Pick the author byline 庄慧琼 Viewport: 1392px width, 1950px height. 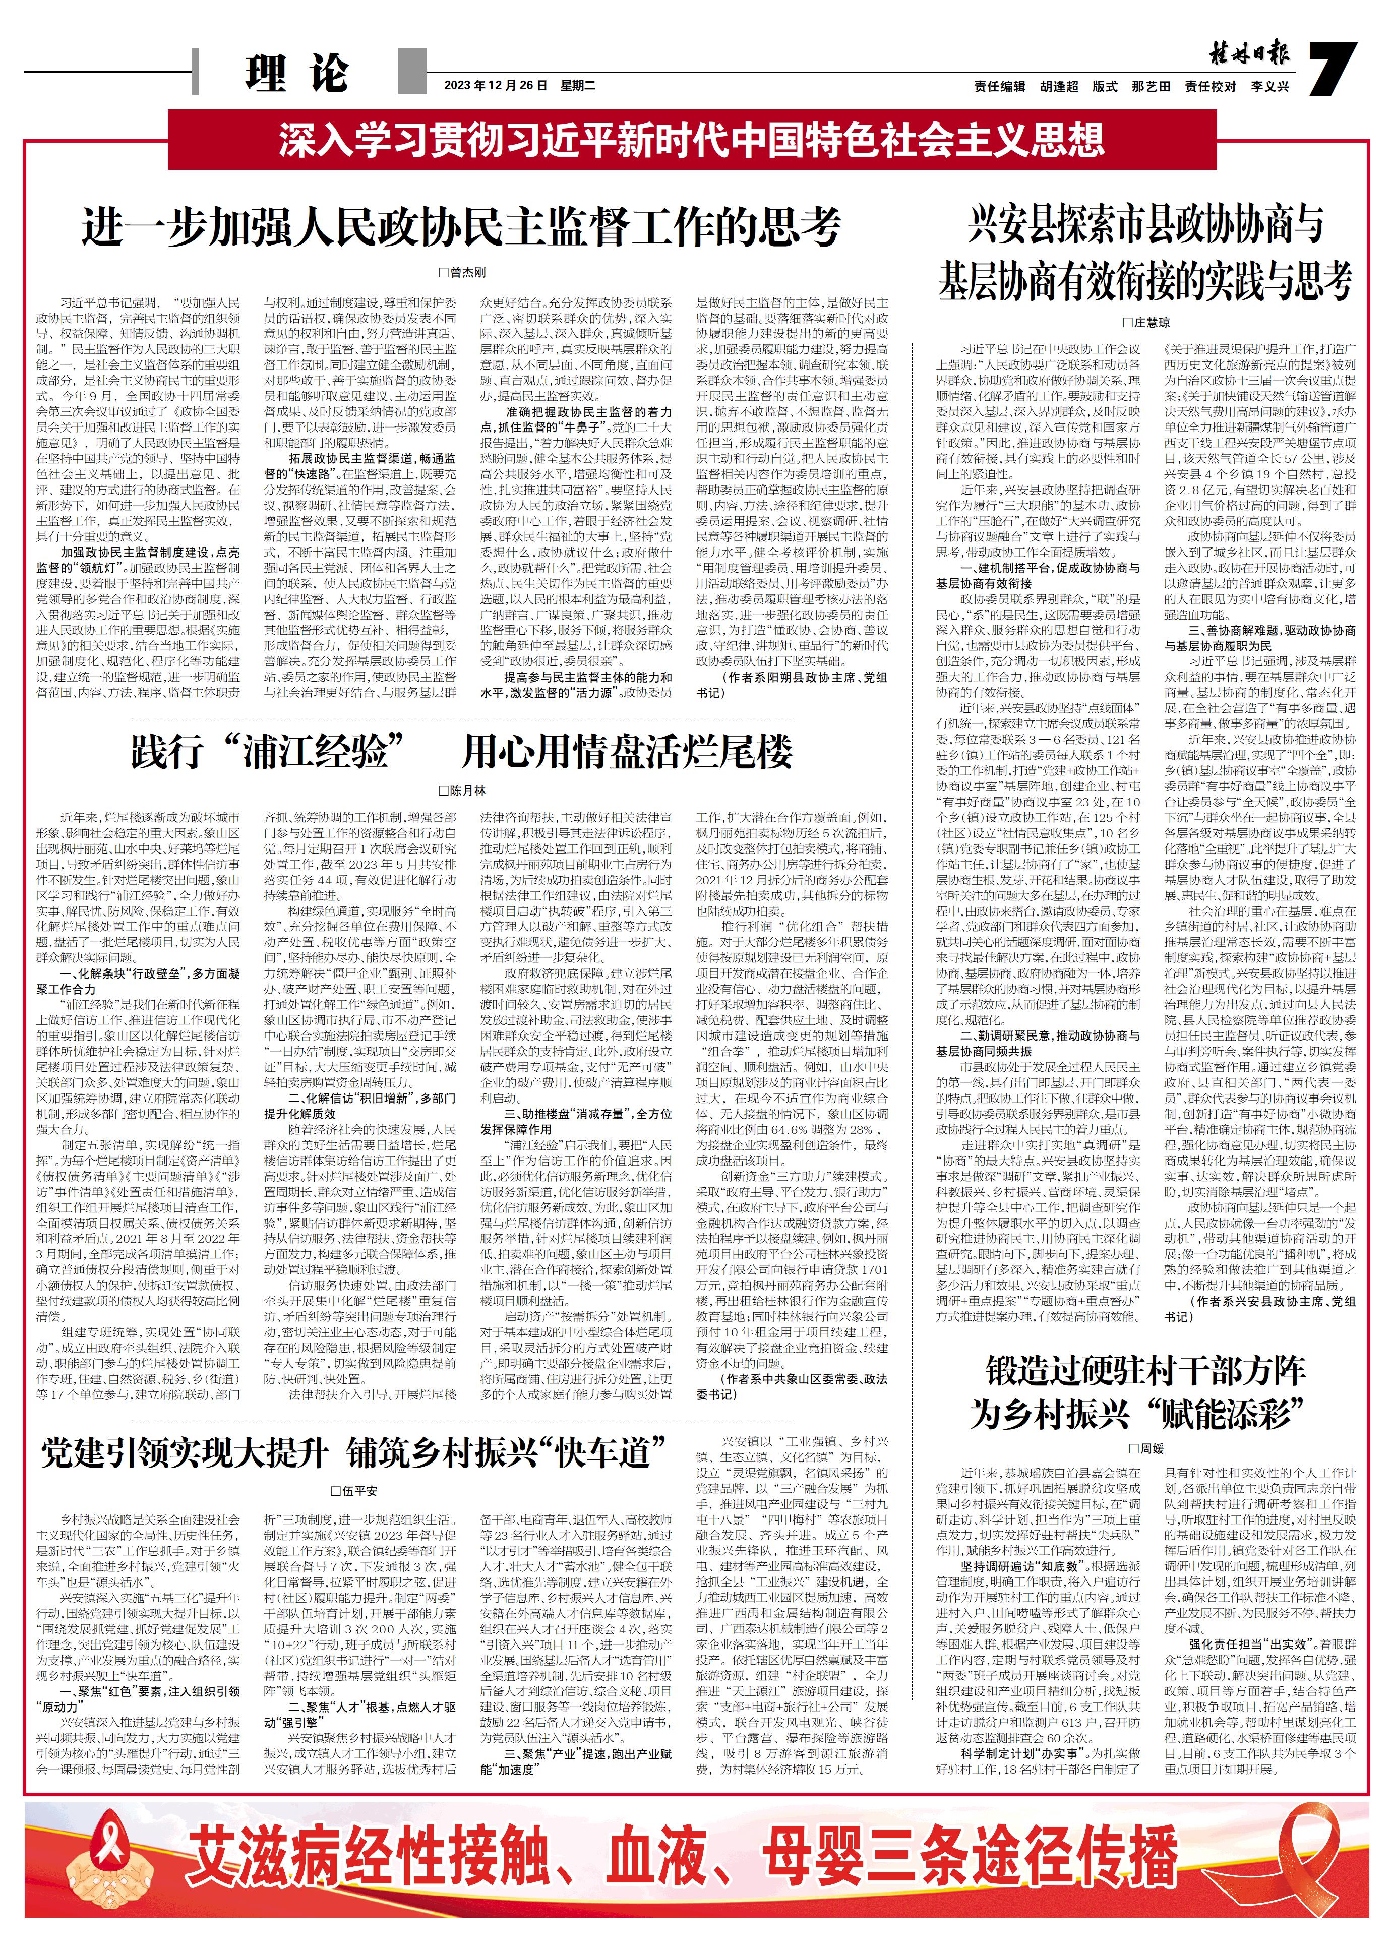point(1146,322)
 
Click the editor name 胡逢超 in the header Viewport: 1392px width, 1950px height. point(1059,87)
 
